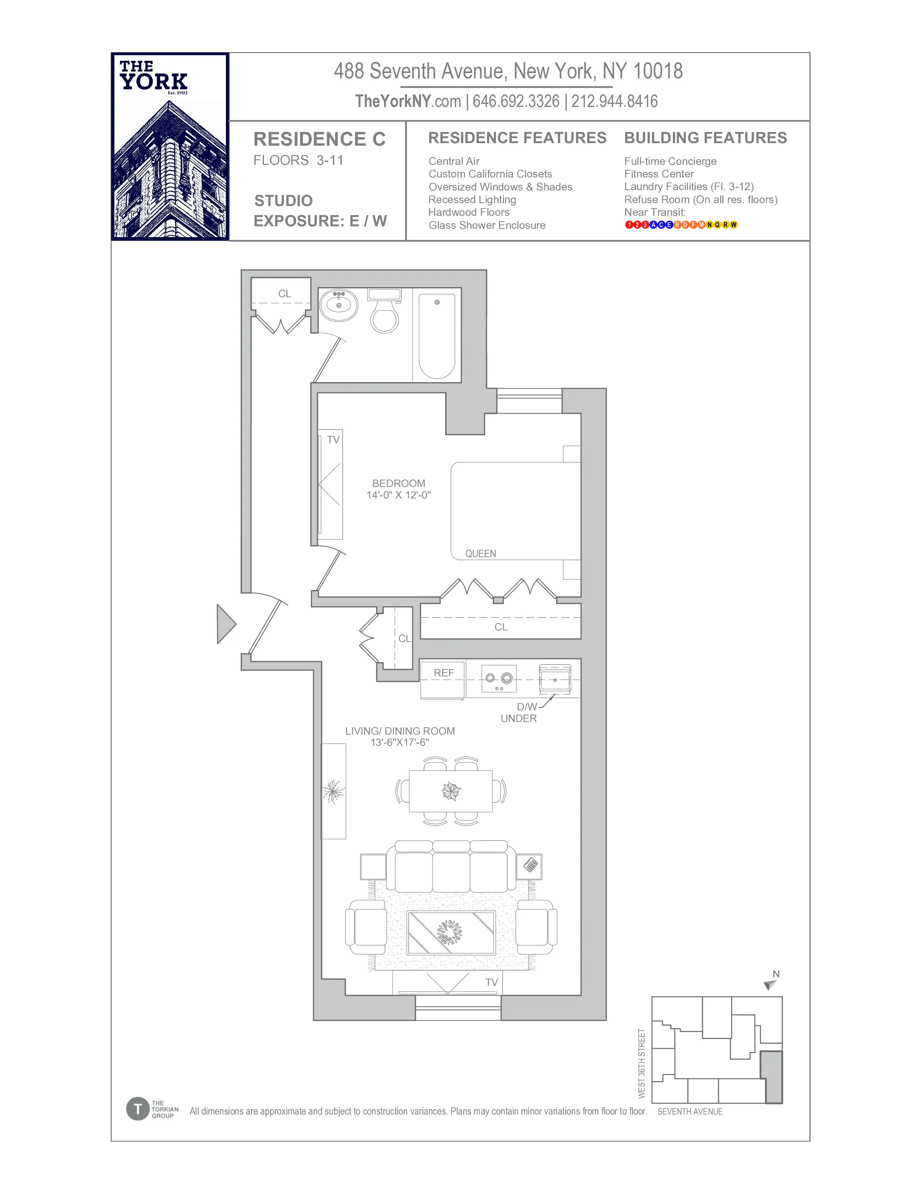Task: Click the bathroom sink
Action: click(x=339, y=305)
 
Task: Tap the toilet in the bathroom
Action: click(x=385, y=314)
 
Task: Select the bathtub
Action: click(x=437, y=336)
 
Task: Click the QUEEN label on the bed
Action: click(x=481, y=553)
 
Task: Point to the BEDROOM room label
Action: click(x=398, y=483)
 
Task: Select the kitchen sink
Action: click(x=555, y=680)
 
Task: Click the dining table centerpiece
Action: click(x=451, y=790)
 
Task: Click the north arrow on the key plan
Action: click(x=770, y=985)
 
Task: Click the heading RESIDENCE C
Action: click(x=320, y=139)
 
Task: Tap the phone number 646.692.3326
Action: click(x=516, y=101)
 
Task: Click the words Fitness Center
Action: click(x=659, y=174)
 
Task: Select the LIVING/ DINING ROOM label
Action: click(x=400, y=731)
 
